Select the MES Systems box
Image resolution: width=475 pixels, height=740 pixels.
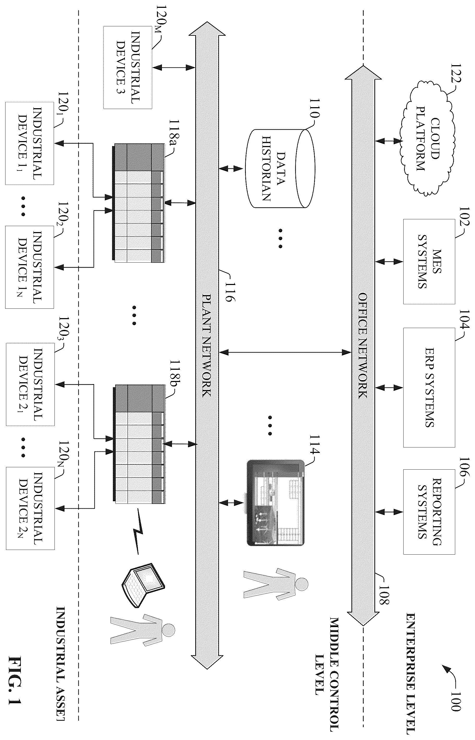(x=429, y=262)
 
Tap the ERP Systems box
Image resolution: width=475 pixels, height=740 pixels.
(x=429, y=387)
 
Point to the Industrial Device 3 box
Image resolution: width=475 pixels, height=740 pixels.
(x=128, y=67)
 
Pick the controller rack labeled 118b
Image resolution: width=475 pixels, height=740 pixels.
(x=138, y=444)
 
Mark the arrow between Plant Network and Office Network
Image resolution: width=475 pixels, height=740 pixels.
(x=285, y=352)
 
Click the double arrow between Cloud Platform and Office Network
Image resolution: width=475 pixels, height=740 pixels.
(x=389, y=141)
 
